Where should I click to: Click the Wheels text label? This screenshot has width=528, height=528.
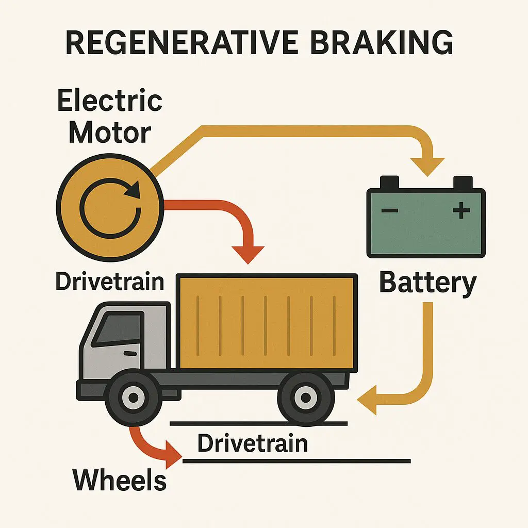click(120, 480)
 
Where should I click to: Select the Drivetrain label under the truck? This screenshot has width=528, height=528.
click(253, 443)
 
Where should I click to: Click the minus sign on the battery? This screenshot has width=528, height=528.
click(390, 211)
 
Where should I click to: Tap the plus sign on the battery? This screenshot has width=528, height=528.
click(461, 210)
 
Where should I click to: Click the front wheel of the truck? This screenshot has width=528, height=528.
click(134, 397)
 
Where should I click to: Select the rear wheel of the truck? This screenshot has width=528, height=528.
click(305, 397)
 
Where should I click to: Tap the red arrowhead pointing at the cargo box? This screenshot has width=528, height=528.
click(248, 253)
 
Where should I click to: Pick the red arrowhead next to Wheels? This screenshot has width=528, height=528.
click(173, 454)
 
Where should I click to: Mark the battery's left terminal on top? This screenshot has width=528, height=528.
click(390, 182)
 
